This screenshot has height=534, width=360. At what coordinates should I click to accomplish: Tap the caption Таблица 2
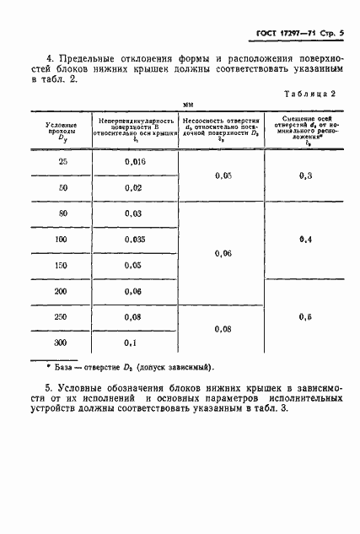click(312, 95)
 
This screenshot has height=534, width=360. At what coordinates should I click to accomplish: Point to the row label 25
click(63, 161)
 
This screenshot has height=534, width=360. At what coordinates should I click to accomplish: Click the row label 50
click(63, 187)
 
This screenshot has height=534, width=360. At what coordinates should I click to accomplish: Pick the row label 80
click(63, 214)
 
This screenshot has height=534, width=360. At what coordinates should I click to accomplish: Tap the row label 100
click(63, 240)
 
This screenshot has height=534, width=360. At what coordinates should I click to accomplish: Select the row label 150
click(63, 265)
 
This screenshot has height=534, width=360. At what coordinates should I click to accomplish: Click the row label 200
click(63, 290)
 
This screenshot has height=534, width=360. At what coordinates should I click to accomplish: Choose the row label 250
click(63, 316)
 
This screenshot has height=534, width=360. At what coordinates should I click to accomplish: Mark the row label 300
click(63, 343)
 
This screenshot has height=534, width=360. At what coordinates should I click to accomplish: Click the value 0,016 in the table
click(135, 161)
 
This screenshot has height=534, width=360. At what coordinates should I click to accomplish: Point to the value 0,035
click(135, 240)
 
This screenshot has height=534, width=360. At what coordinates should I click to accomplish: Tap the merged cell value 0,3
click(305, 175)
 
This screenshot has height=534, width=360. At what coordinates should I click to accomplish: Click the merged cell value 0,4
click(305, 240)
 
